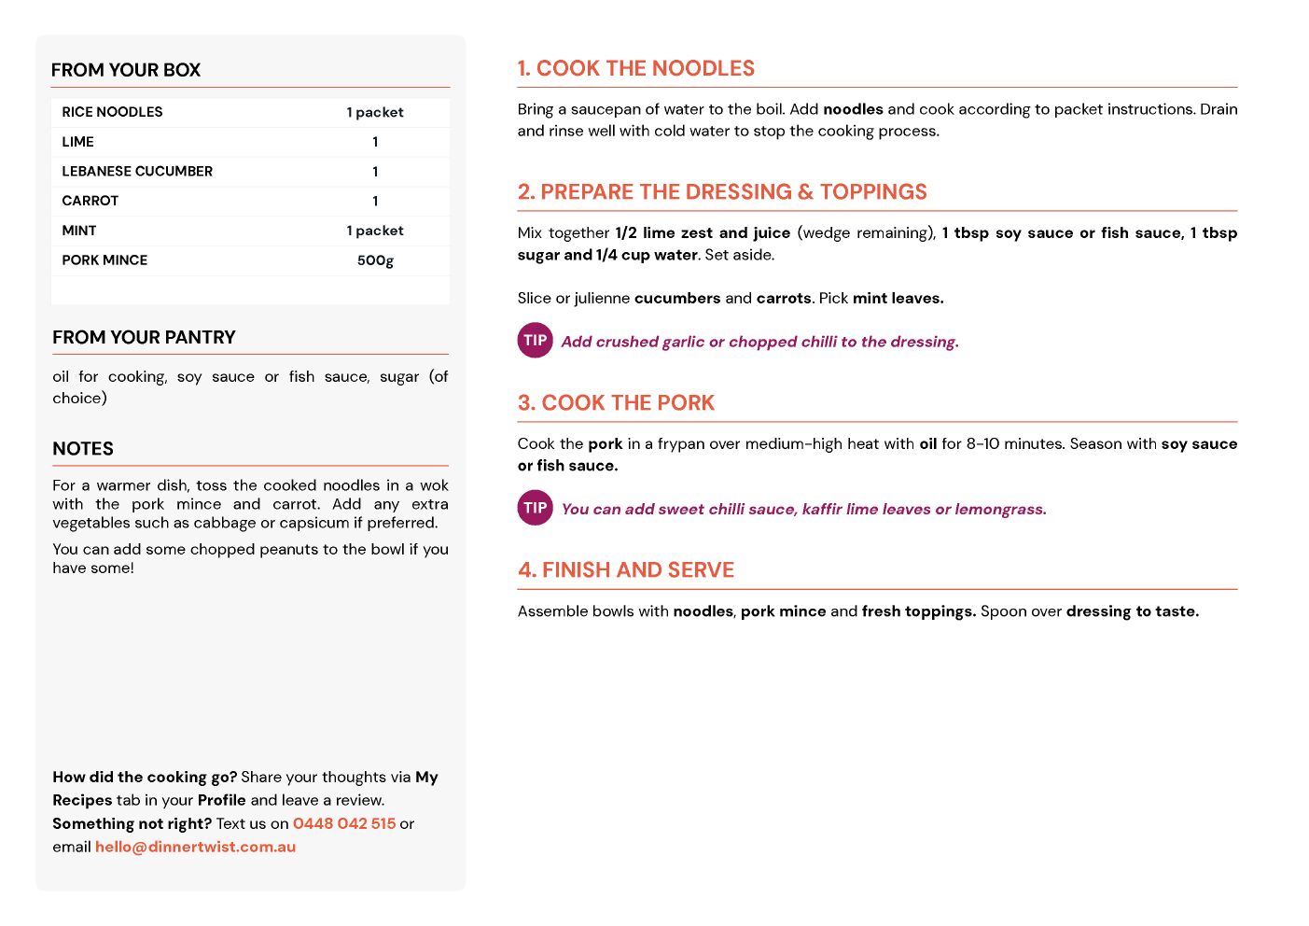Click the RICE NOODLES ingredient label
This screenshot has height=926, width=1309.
(112, 112)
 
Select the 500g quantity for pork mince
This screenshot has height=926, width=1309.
(375, 260)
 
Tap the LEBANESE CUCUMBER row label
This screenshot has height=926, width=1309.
(137, 172)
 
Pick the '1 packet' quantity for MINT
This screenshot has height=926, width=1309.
(375, 231)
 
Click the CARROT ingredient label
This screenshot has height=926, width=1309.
(91, 201)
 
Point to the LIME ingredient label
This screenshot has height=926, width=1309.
(78, 142)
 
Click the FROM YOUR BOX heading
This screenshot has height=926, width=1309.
(126, 70)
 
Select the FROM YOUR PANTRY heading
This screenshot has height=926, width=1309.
(144, 337)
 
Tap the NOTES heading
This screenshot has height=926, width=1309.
(83, 449)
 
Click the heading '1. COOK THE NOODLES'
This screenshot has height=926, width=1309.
(636, 68)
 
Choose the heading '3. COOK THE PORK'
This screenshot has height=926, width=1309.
(616, 402)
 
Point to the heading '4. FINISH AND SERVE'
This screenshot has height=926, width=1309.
(626, 569)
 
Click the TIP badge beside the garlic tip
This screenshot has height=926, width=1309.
(536, 341)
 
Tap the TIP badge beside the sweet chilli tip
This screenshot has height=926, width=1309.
(536, 508)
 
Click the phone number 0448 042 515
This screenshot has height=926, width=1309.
(344, 823)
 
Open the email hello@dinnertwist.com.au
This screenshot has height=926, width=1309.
(195, 847)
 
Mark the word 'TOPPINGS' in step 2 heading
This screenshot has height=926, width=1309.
(873, 191)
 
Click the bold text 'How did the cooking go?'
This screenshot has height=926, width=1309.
(145, 777)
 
